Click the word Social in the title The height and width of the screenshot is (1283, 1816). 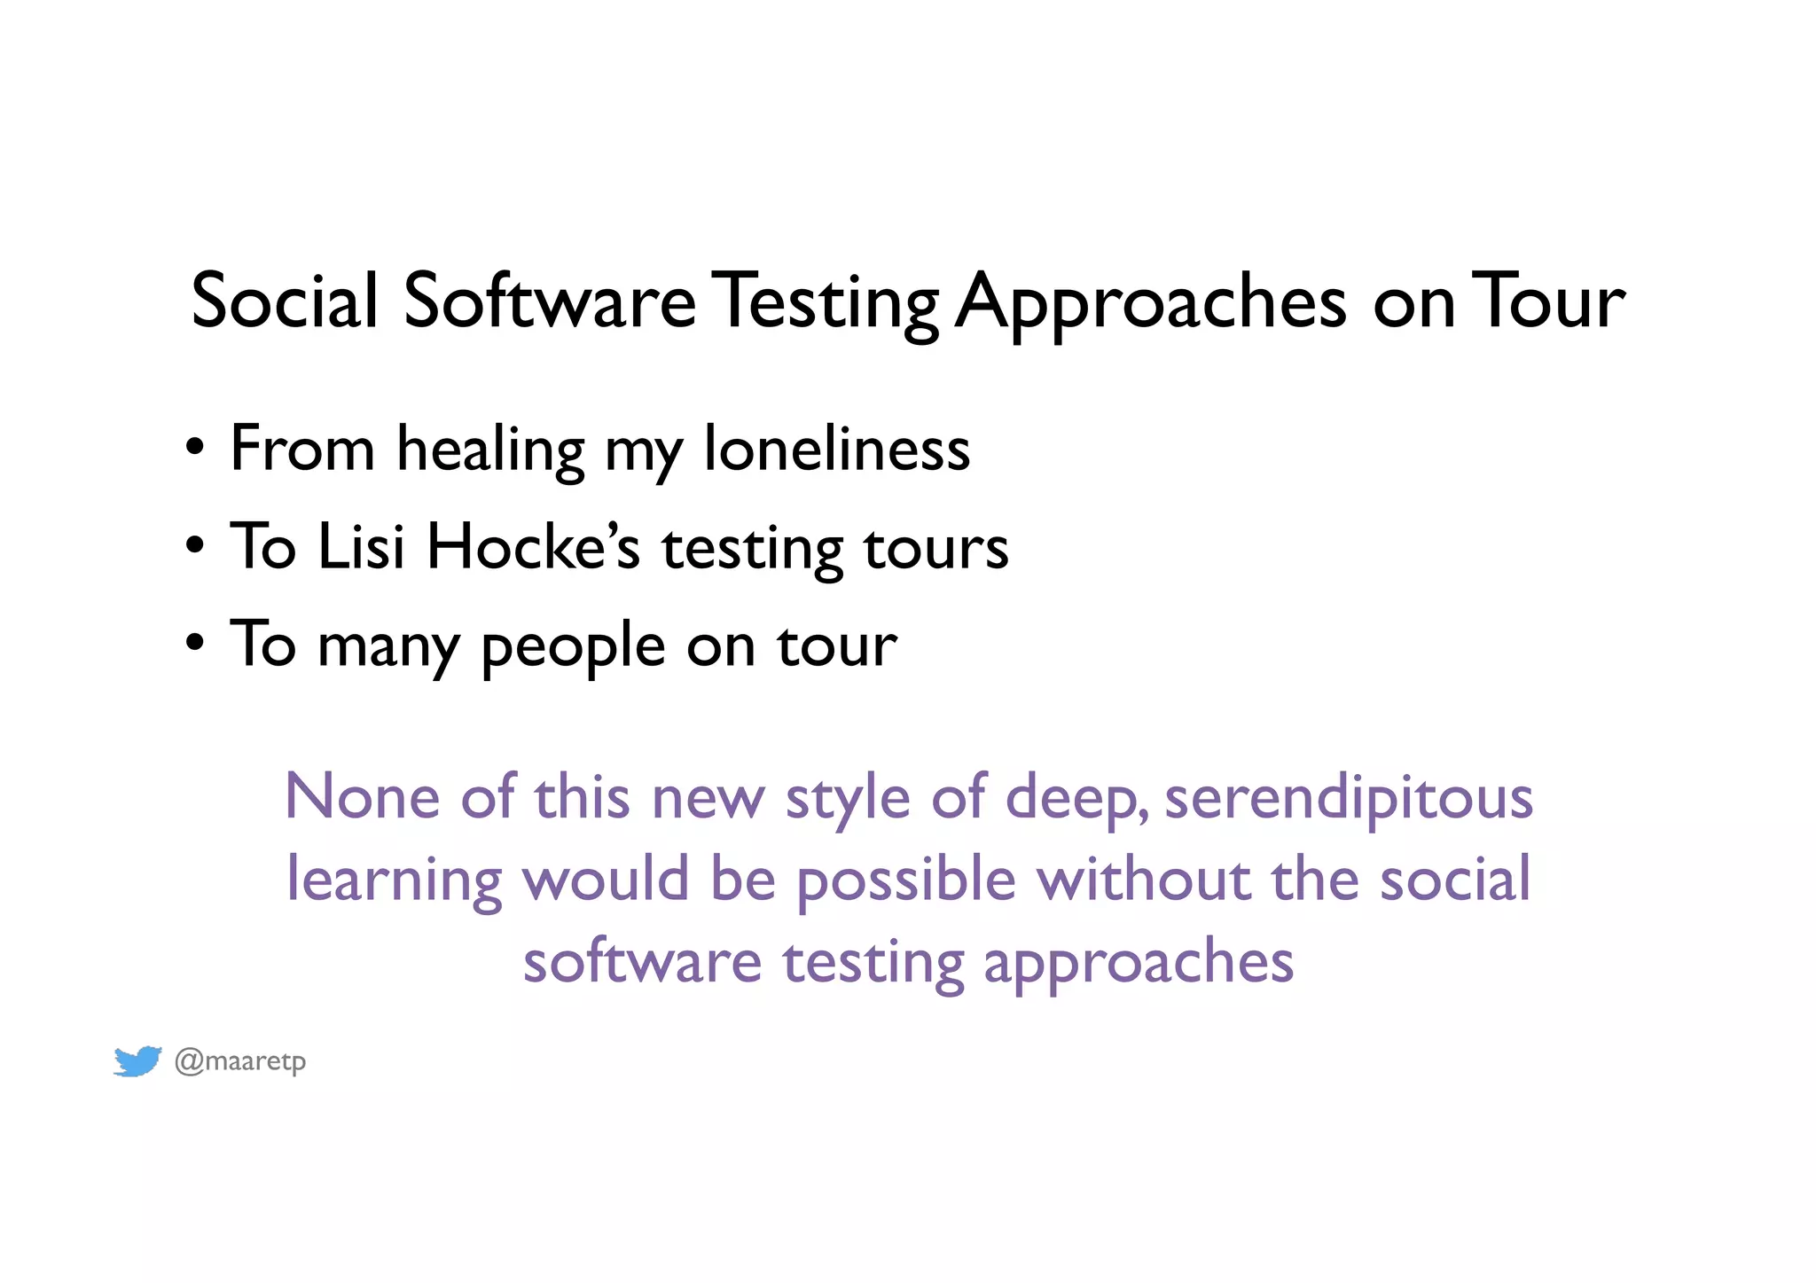tap(285, 301)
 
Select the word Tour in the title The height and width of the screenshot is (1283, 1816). tap(1548, 301)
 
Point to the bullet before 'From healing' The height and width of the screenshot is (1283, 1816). tap(195, 446)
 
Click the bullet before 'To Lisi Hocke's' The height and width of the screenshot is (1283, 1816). tap(195, 544)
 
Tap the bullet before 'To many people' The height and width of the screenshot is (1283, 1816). tap(195, 643)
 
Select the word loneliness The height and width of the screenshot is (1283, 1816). tap(836, 449)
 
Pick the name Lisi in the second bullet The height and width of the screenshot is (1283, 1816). tap(361, 546)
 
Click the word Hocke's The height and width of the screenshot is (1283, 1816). tap(533, 546)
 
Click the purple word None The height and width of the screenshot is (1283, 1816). tap(361, 796)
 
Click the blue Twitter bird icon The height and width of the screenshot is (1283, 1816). tap(137, 1060)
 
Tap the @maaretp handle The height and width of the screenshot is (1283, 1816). tap(240, 1061)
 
